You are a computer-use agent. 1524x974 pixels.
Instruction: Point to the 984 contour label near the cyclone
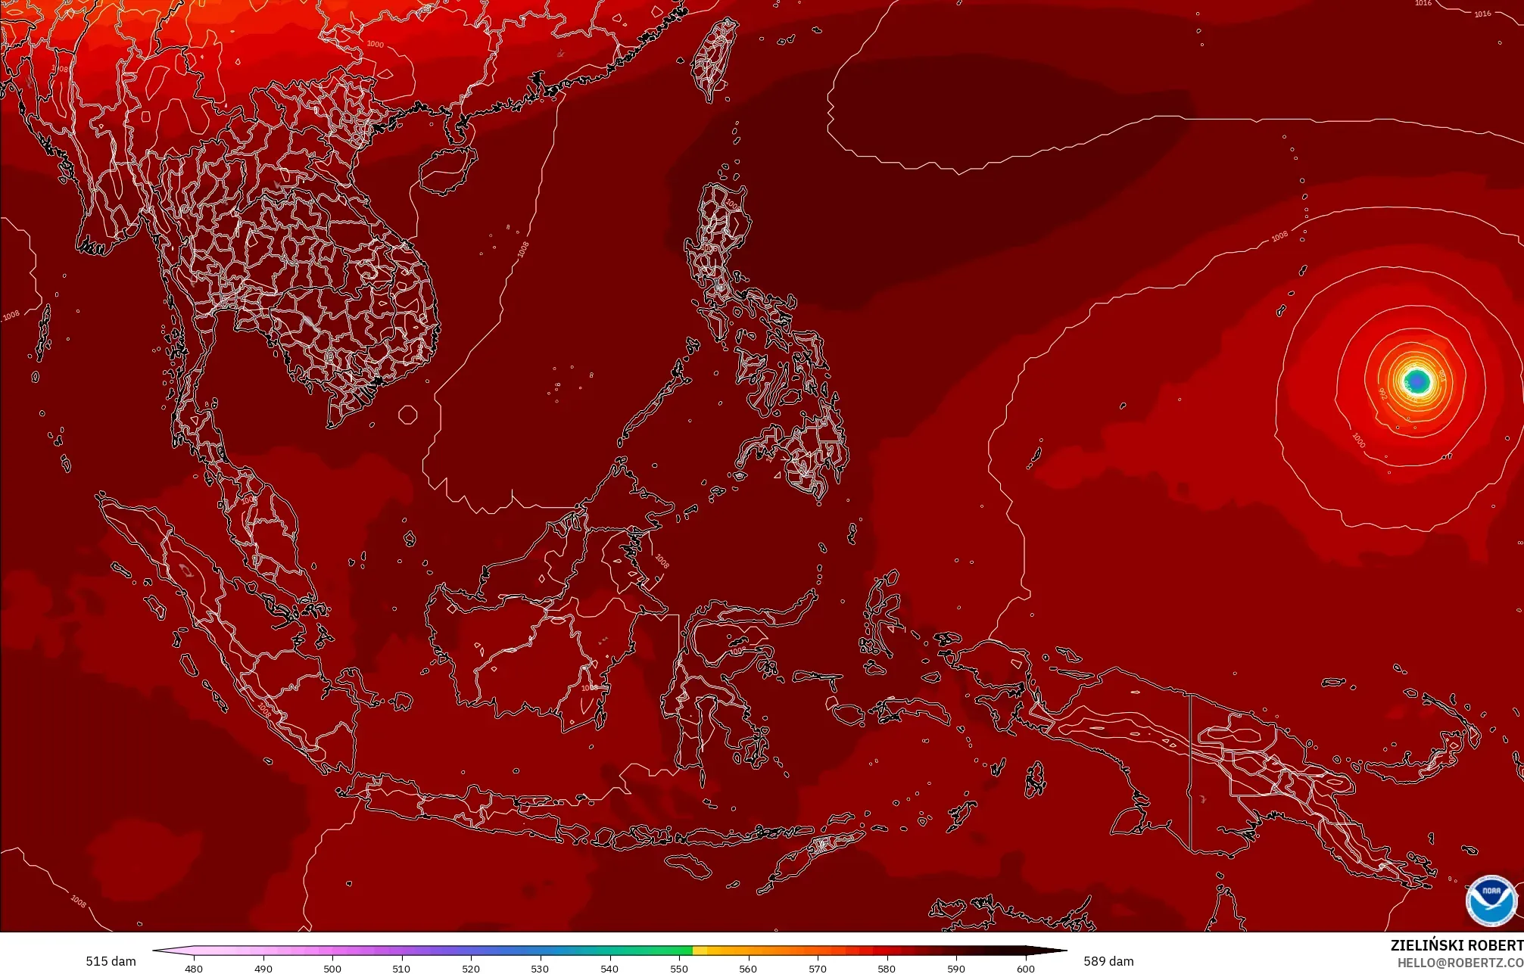[x=1441, y=374]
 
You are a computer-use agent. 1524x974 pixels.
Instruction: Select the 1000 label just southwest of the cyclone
[x=1358, y=440]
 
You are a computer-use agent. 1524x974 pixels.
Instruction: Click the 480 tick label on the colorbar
[x=194, y=968]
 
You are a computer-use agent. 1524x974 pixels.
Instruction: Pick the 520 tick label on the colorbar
[x=471, y=968]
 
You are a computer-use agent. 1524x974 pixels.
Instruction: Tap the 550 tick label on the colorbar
[x=679, y=968]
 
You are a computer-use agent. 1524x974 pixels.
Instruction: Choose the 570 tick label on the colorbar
[x=818, y=968]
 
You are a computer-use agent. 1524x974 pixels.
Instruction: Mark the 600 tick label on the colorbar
[x=1025, y=968]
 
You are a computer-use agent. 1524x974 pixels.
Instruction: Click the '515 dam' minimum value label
[x=111, y=961]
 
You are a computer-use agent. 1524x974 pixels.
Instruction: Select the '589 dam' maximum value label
[x=1108, y=961]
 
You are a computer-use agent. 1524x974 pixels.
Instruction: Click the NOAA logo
[x=1491, y=901]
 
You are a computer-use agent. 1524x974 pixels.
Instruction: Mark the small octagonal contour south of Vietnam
[x=408, y=415]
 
